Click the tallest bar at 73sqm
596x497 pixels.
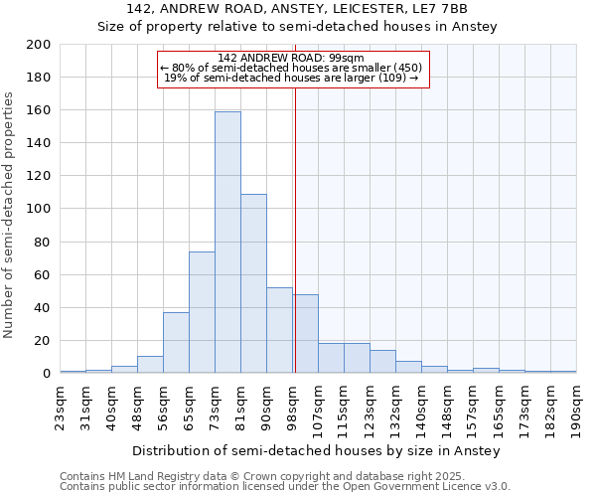[227, 243]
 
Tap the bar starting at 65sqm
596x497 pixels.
[202, 312]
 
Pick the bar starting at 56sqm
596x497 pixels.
[176, 343]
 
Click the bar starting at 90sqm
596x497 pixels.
[279, 330]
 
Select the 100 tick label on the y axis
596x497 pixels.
[39, 209]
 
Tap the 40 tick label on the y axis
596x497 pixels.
[43, 307]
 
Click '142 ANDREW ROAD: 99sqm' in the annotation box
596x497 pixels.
[291, 58]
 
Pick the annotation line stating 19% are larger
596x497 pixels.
[291, 78]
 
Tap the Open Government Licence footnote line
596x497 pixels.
[285, 486]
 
